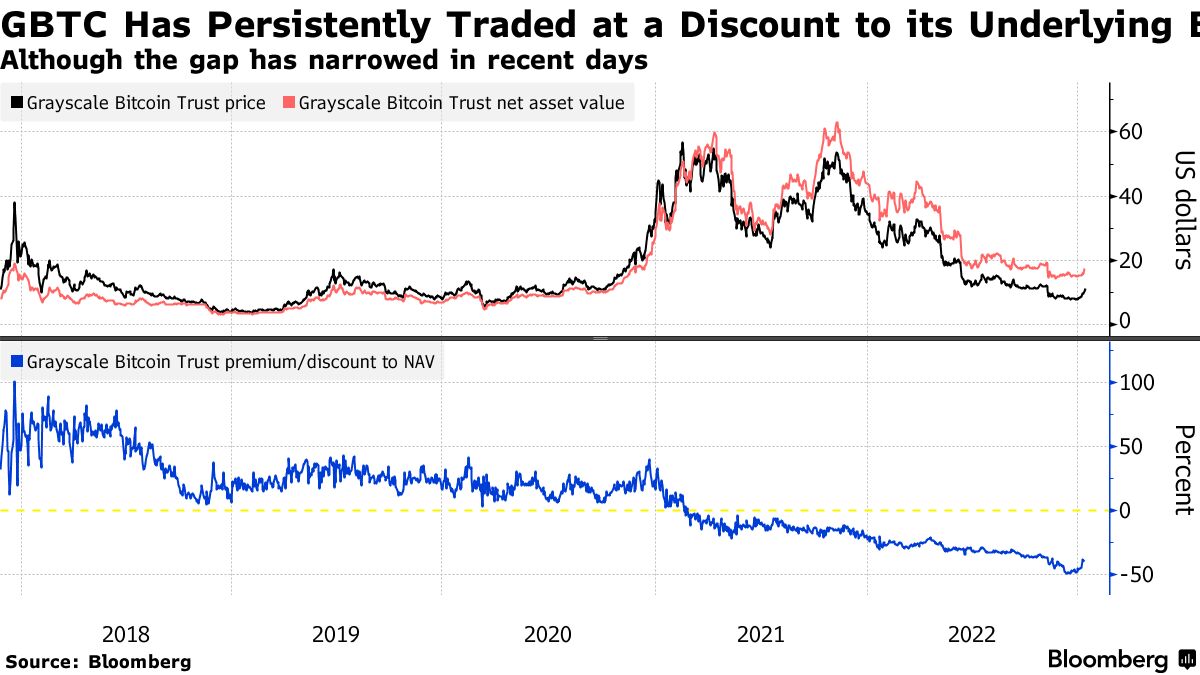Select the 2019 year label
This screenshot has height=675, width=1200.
(x=336, y=634)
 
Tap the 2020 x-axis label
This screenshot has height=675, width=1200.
(x=548, y=634)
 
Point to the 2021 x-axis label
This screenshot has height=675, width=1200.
(x=760, y=634)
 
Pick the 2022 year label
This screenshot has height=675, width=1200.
(x=971, y=634)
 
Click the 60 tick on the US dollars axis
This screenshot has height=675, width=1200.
(x=1130, y=133)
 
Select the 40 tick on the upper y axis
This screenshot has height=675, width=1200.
(x=1130, y=197)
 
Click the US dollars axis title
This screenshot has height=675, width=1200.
(x=1183, y=210)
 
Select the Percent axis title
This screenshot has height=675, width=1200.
(x=1183, y=470)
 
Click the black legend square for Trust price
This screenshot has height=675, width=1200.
(x=17, y=103)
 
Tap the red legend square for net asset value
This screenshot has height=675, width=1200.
(x=289, y=103)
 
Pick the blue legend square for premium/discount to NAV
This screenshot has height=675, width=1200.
(x=17, y=363)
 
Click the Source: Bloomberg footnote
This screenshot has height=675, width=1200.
(x=97, y=661)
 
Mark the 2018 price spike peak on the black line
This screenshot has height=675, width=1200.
(x=14, y=203)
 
